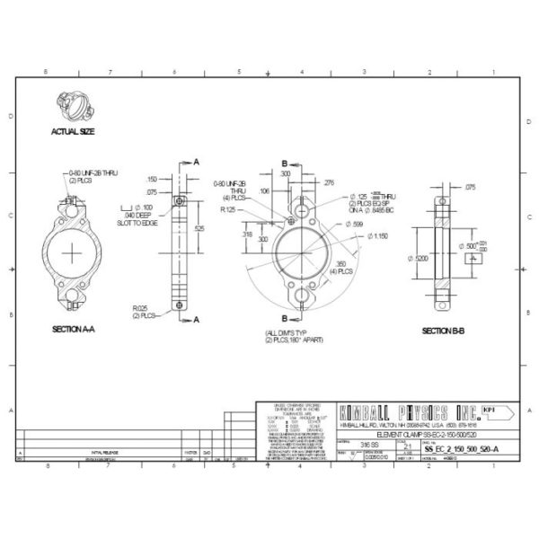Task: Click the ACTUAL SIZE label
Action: tap(74, 130)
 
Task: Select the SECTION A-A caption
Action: tap(74, 330)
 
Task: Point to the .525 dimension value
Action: tap(199, 229)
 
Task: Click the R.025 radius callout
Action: tap(142, 311)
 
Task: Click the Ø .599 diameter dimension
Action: tap(353, 223)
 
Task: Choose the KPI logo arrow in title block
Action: tap(495, 411)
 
